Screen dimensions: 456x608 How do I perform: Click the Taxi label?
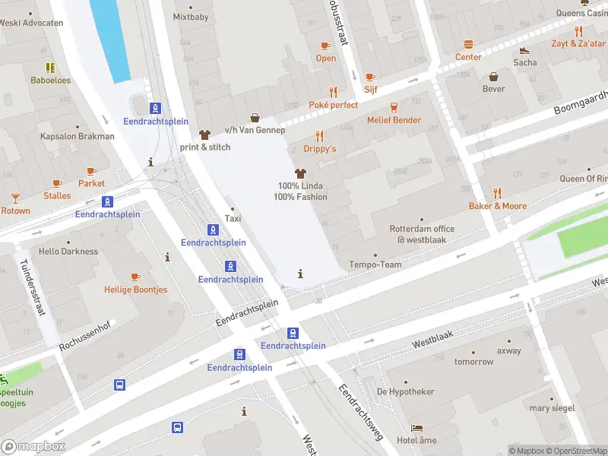click(233, 219)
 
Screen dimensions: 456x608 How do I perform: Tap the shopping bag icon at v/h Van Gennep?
click(255, 117)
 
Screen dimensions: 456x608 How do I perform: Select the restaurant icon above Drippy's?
click(319, 136)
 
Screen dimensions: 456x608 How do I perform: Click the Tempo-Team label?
click(374, 264)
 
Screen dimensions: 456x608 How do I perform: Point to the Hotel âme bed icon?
click(416, 428)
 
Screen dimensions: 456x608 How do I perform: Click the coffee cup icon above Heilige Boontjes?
click(135, 277)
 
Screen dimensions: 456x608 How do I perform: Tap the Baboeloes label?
click(50, 80)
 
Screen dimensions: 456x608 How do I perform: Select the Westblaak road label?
click(432, 343)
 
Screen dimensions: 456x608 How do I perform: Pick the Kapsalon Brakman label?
click(77, 137)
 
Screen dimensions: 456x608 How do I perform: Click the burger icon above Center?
click(468, 44)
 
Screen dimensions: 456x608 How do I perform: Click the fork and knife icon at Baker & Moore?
click(497, 193)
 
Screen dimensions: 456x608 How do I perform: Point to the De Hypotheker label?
click(405, 391)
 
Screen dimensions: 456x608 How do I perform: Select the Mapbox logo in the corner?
click(33, 447)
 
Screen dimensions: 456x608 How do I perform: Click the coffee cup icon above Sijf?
click(370, 76)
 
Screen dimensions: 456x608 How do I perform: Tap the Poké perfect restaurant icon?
click(333, 91)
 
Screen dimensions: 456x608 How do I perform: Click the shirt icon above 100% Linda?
click(300, 173)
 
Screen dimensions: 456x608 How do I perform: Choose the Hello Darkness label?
click(68, 252)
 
